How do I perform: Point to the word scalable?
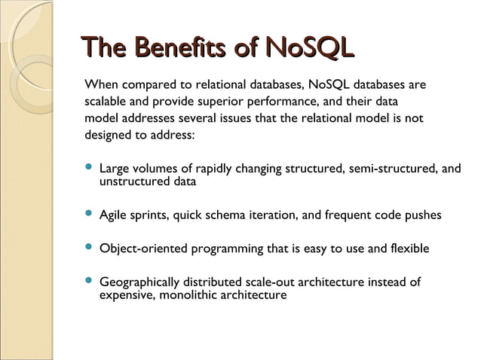[107, 102]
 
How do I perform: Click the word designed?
[108, 136]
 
